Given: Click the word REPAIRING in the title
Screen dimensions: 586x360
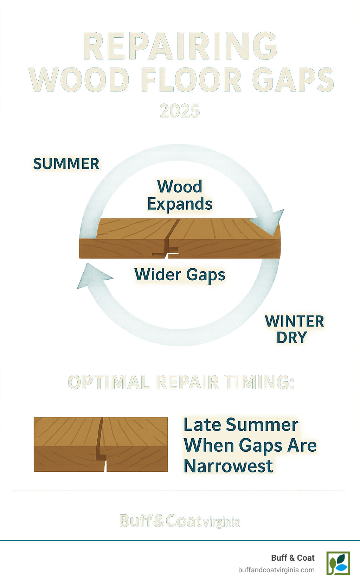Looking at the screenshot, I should pyautogui.click(x=180, y=47).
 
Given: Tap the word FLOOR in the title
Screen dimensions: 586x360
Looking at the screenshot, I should pyautogui.click(x=191, y=80).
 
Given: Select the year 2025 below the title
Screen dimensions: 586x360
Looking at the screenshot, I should pyautogui.click(x=180, y=111).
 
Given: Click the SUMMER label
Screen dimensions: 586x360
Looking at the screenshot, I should pyautogui.click(x=66, y=164).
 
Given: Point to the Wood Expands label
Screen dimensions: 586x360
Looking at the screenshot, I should pyautogui.click(x=180, y=195).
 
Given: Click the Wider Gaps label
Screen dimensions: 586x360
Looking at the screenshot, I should pyautogui.click(x=180, y=275).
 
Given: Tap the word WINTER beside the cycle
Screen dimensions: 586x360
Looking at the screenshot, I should pyautogui.click(x=294, y=321).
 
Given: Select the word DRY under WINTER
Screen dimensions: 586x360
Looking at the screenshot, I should pyautogui.click(x=291, y=338).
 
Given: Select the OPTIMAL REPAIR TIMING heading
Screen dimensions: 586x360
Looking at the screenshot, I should pyautogui.click(x=181, y=382).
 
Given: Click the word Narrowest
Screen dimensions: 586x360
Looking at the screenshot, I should pyautogui.click(x=228, y=466).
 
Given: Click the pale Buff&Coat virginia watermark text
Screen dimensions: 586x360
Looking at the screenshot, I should pyautogui.click(x=180, y=521).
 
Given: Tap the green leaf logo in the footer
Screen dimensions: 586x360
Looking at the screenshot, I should pyautogui.click(x=338, y=563).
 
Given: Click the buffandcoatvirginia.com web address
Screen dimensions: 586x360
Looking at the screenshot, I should pyautogui.click(x=276, y=570).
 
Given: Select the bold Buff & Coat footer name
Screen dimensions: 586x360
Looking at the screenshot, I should pyautogui.click(x=292, y=558).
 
